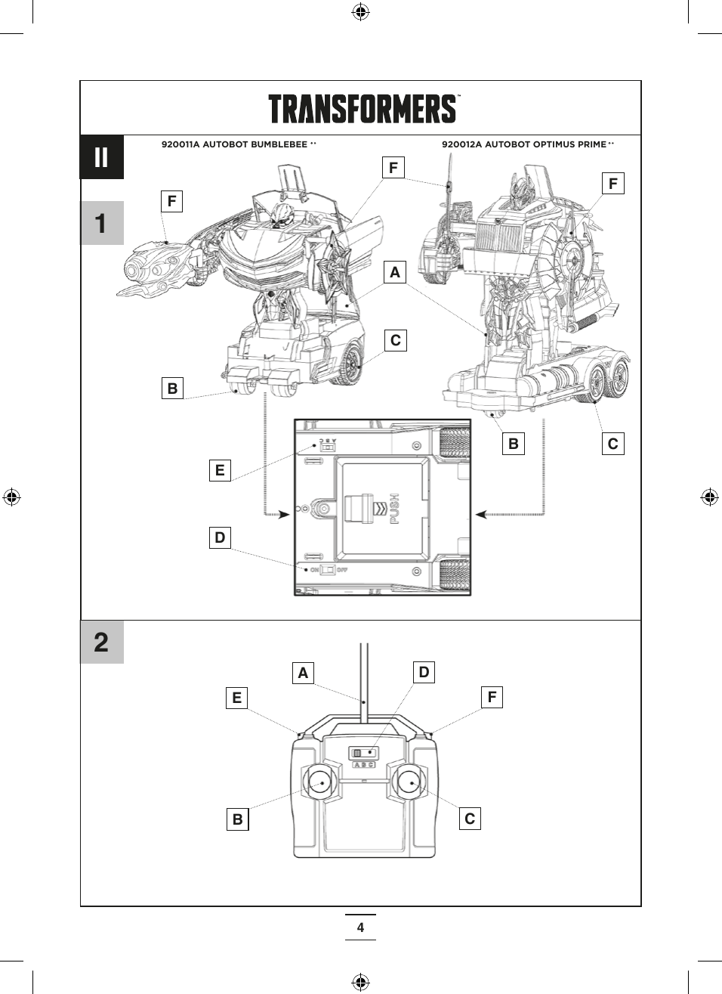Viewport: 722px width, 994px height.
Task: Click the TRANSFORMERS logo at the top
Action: click(x=363, y=109)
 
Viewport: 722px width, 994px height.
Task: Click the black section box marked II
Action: click(x=101, y=157)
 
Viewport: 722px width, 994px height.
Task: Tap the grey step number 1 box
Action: click(x=101, y=223)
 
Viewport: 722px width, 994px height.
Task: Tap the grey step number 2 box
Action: click(x=101, y=643)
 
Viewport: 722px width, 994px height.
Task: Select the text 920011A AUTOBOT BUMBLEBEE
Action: click(x=234, y=144)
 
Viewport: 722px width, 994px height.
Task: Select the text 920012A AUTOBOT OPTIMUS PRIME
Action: click(x=524, y=144)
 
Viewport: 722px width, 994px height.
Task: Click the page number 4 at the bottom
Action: click(x=360, y=927)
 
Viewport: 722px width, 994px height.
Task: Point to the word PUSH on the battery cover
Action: click(x=394, y=509)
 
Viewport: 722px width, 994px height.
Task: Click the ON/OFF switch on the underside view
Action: click(x=328, y=569)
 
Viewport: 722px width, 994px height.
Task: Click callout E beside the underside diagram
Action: click(x=220, y=470)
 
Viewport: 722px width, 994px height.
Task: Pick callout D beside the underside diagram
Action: click(x=220, y=537)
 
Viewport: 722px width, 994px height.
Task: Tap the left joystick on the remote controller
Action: click(x=320, y=782)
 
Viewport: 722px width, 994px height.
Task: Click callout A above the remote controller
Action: click(x=303, y=673)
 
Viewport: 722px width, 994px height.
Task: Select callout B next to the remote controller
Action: click(x=238, y=819)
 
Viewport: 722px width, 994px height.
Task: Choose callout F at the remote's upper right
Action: click(x=492, y=697)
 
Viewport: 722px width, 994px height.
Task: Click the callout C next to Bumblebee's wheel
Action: click(x=395, y=340)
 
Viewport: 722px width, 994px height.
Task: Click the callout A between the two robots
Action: click(x=394, y=272)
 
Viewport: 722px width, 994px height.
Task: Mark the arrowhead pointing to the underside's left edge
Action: click(x=284, y=515)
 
